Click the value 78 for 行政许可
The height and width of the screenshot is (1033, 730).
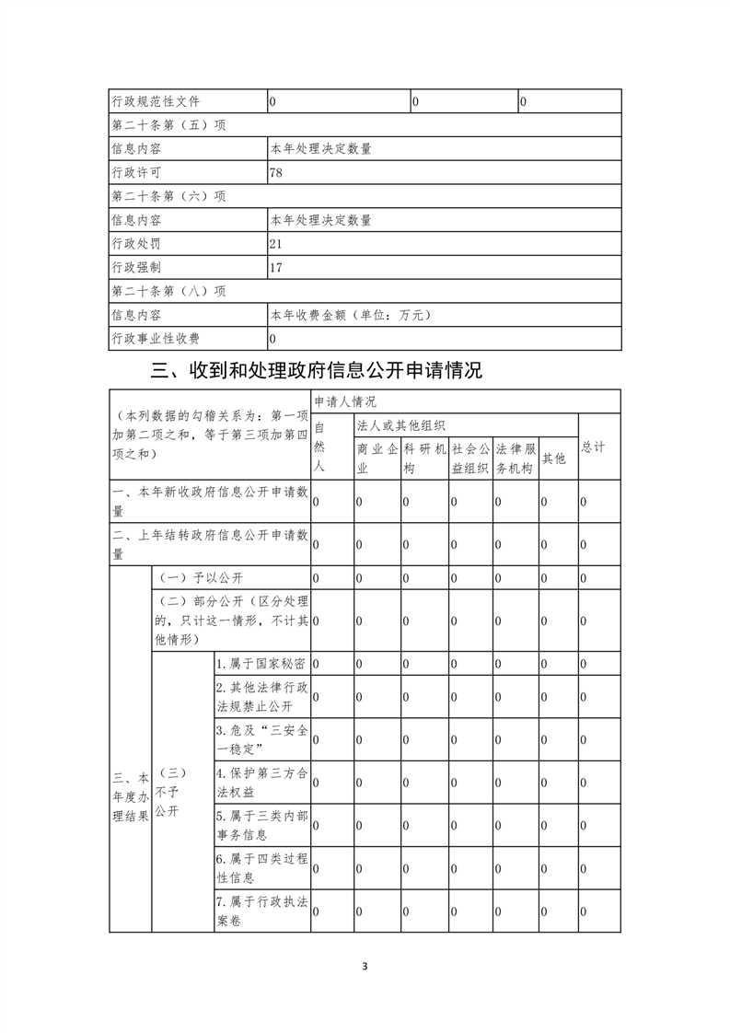(x=276, y=172)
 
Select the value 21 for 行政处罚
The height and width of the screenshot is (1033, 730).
(x=276, y=244)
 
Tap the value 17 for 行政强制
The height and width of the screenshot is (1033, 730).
(x=276, y=268)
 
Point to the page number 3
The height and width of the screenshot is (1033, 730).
(x=365, y=967)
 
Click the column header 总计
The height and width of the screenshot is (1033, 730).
(x=594, y=447)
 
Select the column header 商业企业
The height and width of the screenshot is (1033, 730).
(x=377, y=458)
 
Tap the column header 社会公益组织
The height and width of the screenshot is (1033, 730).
(x=470, y=458)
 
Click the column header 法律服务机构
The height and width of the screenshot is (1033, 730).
(x=515, y=458)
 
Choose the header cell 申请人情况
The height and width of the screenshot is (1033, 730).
(x=345, y=402)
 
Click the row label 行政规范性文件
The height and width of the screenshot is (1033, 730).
(x=156, y=101)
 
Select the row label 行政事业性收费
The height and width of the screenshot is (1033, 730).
(x=156, y=340)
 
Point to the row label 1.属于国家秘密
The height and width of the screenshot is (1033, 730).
(x=261, y=664)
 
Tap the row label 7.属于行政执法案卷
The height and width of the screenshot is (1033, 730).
(x=261, y=910)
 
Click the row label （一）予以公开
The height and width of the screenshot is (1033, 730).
(x=202, y=577)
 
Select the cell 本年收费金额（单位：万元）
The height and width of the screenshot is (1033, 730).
(x=350, y=316)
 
